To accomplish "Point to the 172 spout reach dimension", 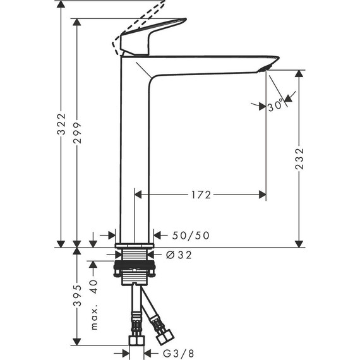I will [200, 195].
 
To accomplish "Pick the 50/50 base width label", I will [191, 236].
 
